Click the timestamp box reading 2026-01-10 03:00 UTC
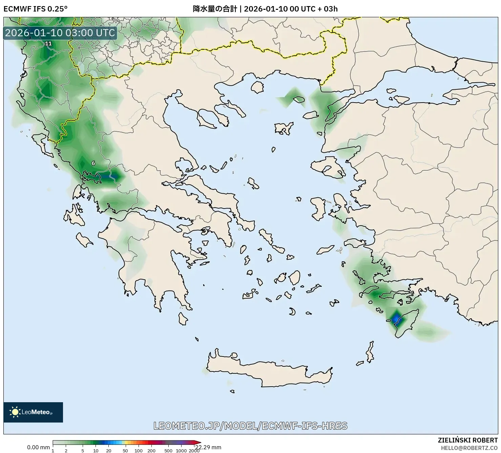click(60, 33)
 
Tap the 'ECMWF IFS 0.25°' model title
click(35, 9)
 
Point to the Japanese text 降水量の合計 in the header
click(215, 9)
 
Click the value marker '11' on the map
click(48, 43)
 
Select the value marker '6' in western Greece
click(93, 163)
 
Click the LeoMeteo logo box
click(33, 412)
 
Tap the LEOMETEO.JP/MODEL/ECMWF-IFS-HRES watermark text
click(250, 426)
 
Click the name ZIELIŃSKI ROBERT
click(468, 440)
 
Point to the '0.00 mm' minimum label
click(38, 447)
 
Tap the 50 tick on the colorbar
click(125, 451)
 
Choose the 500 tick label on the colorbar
click(168, 451)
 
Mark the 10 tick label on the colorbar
click(96, 451)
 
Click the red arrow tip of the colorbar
click(199, 442)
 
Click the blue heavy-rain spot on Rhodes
click(396, 319)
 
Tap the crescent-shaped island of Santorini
click(292, 311)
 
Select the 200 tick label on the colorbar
click(151, 451)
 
